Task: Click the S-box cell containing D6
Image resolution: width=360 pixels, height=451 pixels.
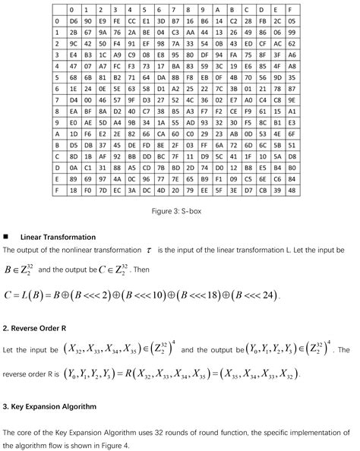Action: [73, 21]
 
